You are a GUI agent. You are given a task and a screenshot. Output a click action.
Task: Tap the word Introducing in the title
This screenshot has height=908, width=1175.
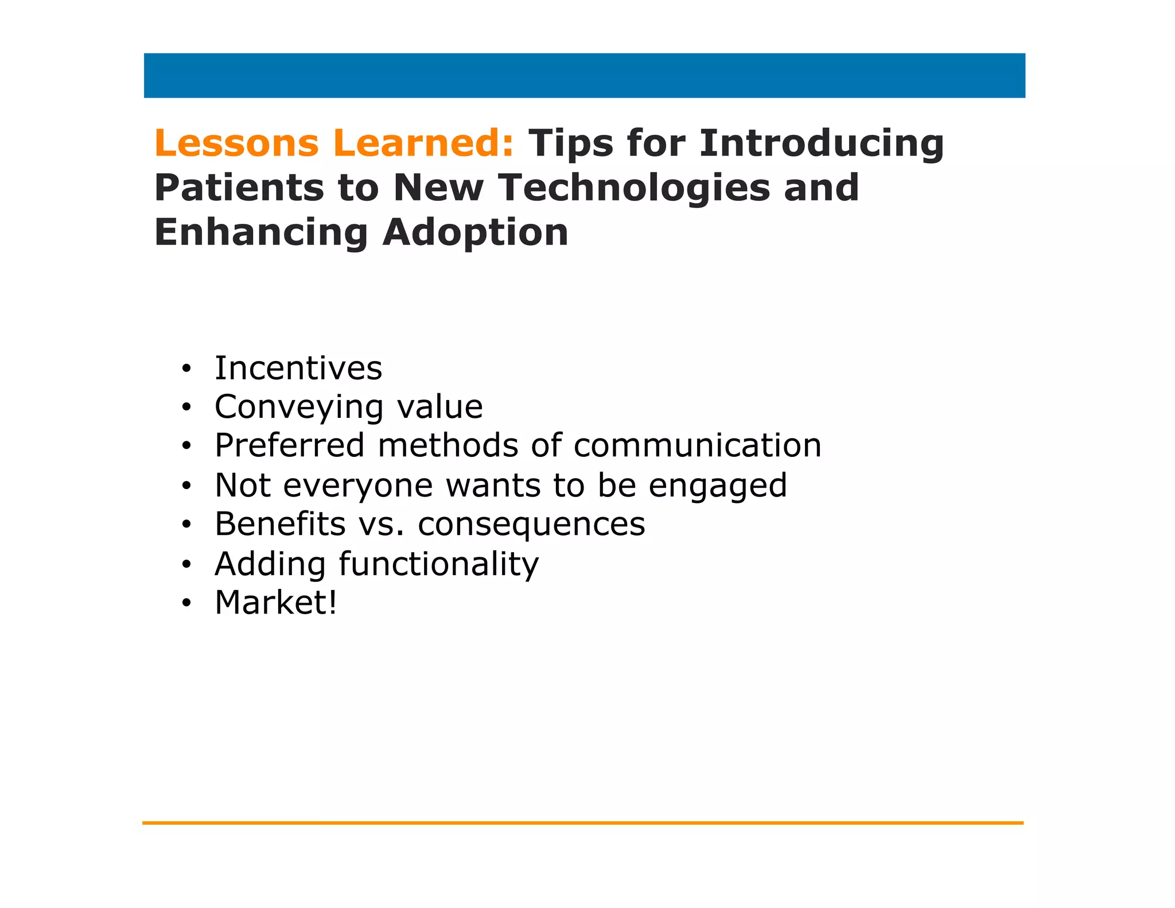click(x=822, y=143)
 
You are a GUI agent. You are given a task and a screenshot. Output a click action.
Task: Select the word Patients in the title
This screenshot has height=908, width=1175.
click(x=239, y=188)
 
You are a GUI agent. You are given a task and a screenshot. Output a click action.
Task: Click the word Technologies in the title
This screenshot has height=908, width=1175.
click(x=633, y=189)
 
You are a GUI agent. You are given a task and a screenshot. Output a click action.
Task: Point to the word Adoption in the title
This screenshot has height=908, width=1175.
click(x=476, y=233)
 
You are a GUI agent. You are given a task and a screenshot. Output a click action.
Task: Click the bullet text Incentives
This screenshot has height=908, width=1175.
click(x=298, y=368)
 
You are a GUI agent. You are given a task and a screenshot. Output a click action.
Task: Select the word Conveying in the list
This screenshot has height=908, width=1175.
click(x=298, y=408)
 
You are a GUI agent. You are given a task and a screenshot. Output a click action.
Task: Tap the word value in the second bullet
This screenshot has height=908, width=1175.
click(x=440, y=407)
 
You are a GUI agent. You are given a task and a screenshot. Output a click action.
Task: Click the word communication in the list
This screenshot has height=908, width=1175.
click(x=697, y=445)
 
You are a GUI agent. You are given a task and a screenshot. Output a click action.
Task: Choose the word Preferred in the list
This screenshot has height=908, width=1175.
click(x=290, y=445)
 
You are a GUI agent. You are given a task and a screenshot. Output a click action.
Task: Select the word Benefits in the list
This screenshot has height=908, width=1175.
click(x=280, y=524)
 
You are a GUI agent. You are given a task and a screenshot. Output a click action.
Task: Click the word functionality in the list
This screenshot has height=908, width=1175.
click(x=439, y=564)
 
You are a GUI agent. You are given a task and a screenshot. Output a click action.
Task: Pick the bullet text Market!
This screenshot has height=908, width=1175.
click(x=276, y=603)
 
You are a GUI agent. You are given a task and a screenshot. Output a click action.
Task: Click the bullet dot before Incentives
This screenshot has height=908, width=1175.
click(x=185, y=369)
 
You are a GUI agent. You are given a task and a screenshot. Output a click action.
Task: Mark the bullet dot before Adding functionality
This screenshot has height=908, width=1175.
click(x=185, y=565)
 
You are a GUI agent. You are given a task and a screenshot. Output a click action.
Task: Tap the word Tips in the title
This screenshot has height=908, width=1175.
click(x=570, y=143)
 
